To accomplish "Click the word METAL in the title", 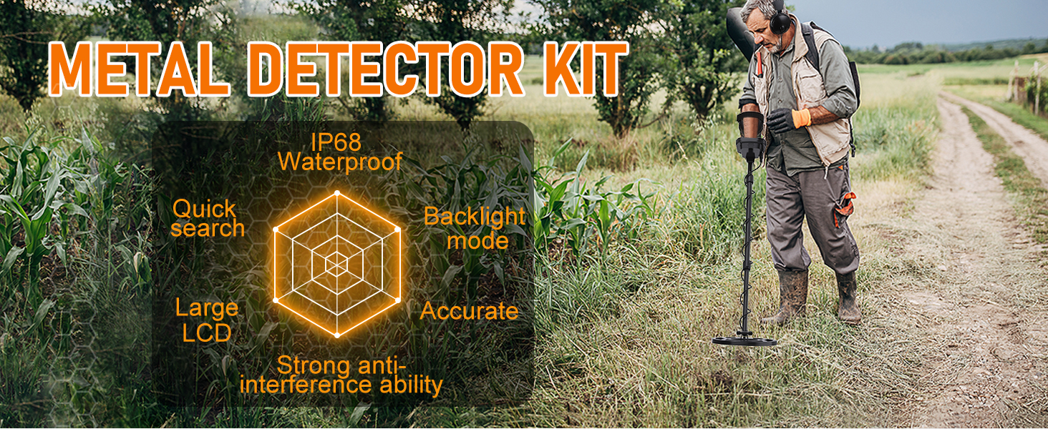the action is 139,69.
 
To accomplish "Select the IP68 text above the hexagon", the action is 336,142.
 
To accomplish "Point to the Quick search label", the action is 208,219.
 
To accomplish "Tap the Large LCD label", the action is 207,320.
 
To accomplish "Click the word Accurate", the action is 470,311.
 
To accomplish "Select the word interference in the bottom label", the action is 306,385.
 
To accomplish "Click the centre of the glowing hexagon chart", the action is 337,265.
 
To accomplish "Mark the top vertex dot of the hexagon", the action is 337,193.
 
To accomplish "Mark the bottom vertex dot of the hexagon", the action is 337,335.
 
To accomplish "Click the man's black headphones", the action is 779,19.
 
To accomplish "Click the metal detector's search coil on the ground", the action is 744,340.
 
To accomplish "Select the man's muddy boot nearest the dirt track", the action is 848,298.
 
